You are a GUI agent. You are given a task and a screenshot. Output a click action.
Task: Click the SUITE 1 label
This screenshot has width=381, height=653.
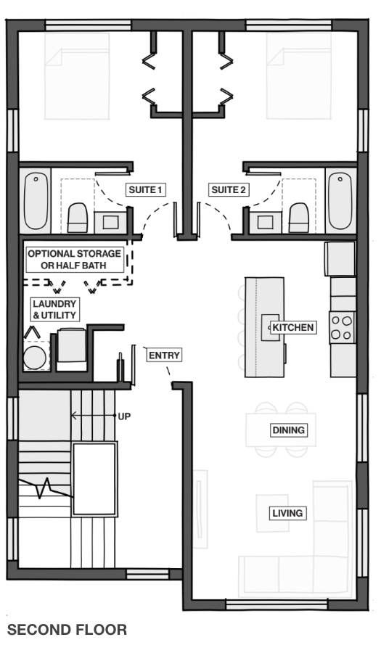pyautogui.click(x=146, y=190)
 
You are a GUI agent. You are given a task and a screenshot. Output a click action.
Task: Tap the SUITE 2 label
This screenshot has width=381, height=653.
pyautogui.click(x=229, y=190)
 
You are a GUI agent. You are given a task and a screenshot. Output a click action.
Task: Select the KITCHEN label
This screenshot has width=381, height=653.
pyautogui.click(x=293, y=327)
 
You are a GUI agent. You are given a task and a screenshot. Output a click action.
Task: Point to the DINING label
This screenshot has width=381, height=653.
pyautogui.click(x=288, y=430)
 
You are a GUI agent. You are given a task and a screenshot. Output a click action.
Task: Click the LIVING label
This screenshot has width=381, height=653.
pyautogui.click(x=287, y=514)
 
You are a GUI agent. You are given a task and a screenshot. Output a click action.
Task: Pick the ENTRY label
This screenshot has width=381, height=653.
pyautogui.click(x=163, y=356)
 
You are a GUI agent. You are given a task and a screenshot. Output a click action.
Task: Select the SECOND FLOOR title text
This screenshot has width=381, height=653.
pyautogui.click(x=67, y=630)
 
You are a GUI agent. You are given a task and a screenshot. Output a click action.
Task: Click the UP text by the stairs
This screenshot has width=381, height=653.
pyautogui.click(x=125, y=416)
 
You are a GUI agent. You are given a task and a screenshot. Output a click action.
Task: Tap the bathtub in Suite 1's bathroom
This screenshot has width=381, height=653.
pyautogui.click(x=35, y=200)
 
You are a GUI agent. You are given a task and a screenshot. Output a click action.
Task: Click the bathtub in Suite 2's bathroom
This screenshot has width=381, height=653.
pyautogui.click(x=340, y=200)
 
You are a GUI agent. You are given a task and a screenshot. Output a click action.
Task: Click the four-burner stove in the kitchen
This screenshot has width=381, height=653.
pyautogui.click(x=342, y=326)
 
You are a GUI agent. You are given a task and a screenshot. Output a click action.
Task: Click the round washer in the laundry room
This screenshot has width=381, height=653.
pyautogui.click(x=34, y=358)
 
